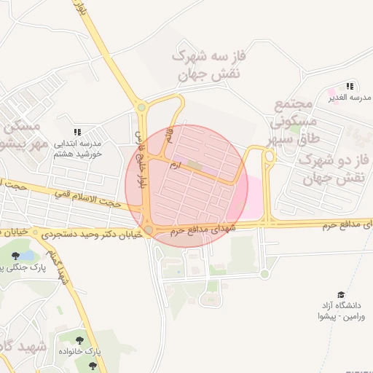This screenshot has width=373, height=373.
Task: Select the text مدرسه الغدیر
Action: pyautogui.click(x=342, y=97)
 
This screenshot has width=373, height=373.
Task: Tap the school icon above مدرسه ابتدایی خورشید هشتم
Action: pyautogui.click(x=78, y=131)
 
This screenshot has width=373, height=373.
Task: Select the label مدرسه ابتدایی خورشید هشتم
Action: pyautogui.click(x=78, y=149)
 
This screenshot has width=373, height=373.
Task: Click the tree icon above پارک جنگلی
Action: pyautogui.click(x=16, y=255)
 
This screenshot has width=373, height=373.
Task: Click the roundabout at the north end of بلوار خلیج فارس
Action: pyautogui.click(x=141, y=107)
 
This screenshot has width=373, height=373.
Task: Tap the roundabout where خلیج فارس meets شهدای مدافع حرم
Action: pyautogui.click(x=149, y=230)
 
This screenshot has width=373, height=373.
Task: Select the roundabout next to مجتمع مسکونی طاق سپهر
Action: pyautogui.click(x=269, y=155)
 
